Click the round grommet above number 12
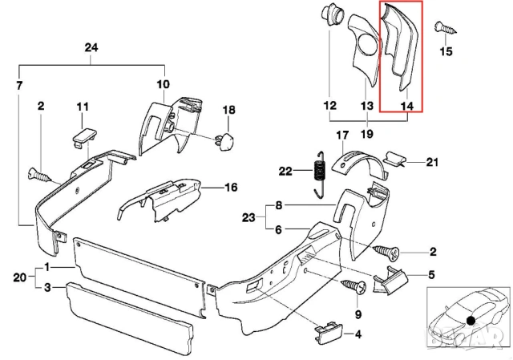(329, 16)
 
